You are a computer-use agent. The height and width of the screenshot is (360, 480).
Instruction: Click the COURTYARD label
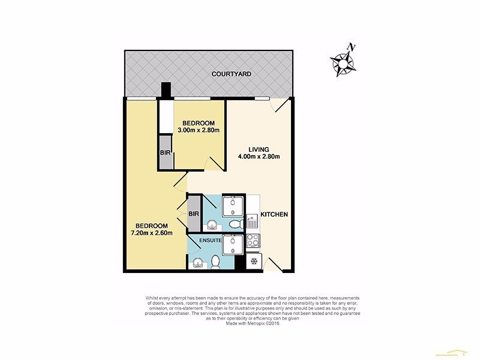(x=231, y=74)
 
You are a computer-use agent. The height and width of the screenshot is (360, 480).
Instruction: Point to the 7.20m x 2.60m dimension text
(x=152, y=233)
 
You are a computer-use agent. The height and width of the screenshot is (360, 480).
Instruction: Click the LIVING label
(x=260, y=149)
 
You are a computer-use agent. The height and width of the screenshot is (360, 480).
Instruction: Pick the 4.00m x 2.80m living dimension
(x=260, y=157)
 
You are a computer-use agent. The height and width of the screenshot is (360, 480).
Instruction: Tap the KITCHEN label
(x=275, y=214)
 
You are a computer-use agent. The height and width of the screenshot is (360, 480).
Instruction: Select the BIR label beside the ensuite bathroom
(x=194, y=214)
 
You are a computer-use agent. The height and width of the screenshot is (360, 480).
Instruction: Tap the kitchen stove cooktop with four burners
(x=253, y=244)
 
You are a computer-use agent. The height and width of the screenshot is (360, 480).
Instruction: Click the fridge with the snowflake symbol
(x=253, y=262)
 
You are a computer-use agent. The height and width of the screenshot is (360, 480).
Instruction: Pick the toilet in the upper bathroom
(x=236, y=223)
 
